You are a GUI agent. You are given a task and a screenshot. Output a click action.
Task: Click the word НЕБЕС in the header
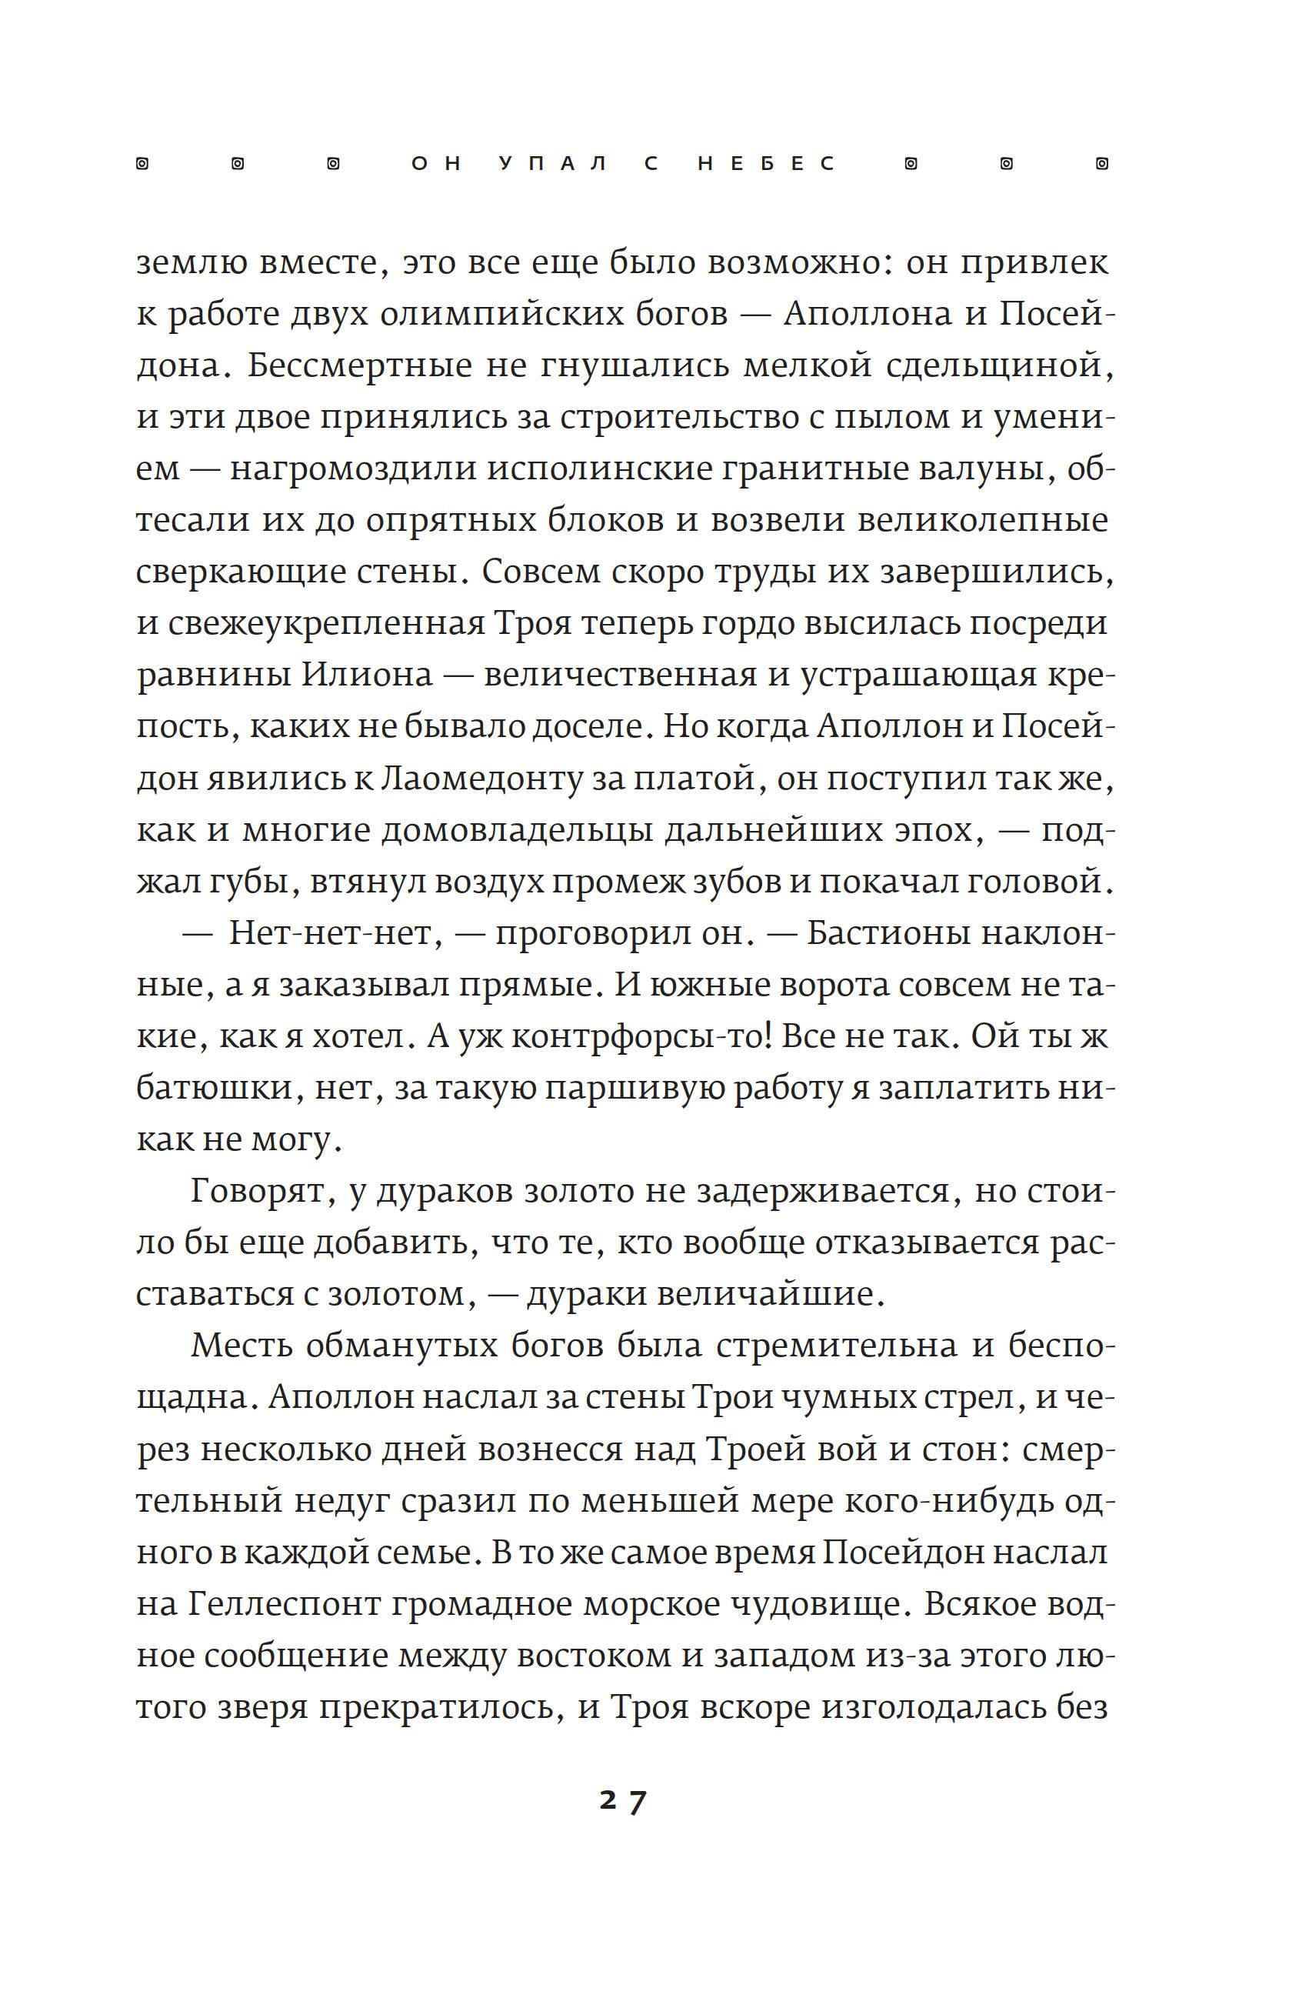766,164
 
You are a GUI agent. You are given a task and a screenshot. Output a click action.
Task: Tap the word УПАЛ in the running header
552,164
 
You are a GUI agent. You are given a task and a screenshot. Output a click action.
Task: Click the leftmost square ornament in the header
142,164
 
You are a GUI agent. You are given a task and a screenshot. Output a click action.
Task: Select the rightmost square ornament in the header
1101,164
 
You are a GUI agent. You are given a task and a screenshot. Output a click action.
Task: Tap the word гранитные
814,469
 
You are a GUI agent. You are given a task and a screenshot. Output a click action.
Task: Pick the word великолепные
983,520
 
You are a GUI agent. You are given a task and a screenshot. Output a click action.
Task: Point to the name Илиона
367,675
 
